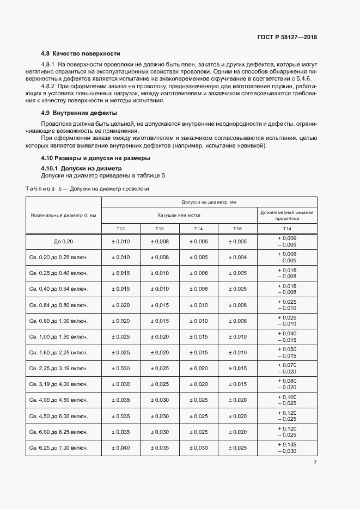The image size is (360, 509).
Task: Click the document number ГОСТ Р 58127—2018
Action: click(287, 38)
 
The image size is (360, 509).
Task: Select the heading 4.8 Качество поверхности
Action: click(81, 53)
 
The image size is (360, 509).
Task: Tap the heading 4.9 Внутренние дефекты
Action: click(79, 113)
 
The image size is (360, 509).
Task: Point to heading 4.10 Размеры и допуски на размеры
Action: click(95, 158)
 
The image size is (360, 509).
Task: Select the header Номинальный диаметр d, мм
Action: click(63, 215)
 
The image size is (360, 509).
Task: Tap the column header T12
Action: click(121, 228)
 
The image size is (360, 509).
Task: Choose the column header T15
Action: click(237, 228)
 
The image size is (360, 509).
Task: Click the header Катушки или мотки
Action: click(179, 215)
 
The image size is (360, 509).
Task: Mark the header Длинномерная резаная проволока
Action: click(287, 215)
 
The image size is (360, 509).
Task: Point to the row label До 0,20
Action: click(63, 242)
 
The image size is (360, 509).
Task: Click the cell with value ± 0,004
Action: click(237, 257)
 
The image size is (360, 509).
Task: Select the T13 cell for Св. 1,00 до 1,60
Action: click(160, 336)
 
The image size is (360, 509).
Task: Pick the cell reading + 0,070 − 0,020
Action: click(287, 368)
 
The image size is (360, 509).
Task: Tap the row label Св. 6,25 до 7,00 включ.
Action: click(63, 447)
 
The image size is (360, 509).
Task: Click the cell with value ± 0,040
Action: click(121, 447)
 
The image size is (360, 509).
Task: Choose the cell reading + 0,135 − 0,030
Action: click(287, 447)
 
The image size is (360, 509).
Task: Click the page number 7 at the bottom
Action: click(315, 463)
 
